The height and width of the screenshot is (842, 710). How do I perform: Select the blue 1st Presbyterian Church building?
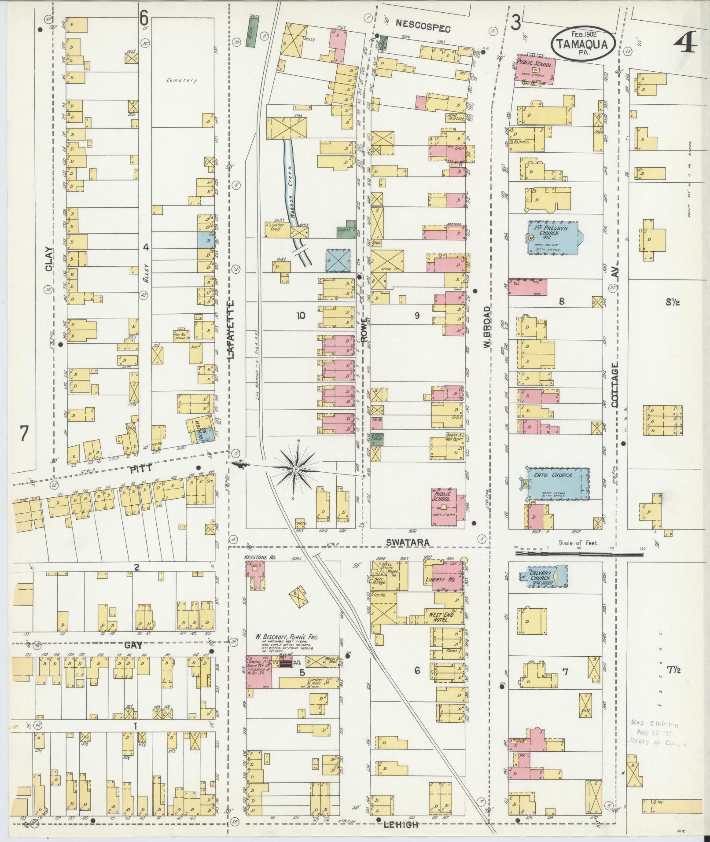click(x=553, y=238)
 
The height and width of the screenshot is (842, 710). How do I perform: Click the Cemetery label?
click(x=181, y=81)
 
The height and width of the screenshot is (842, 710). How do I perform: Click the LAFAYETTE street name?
click(x=231, y=330)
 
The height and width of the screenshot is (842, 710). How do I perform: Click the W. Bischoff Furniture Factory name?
click(x=288, y=637)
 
